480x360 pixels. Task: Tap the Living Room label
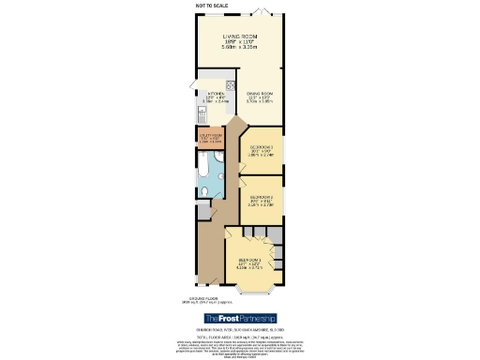coord(240,36)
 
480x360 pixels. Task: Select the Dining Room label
coord(260,94)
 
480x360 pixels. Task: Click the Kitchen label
coord(216,94)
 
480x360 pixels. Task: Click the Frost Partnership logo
coord(239,319)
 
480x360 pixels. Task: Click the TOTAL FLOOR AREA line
coord(239,336)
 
